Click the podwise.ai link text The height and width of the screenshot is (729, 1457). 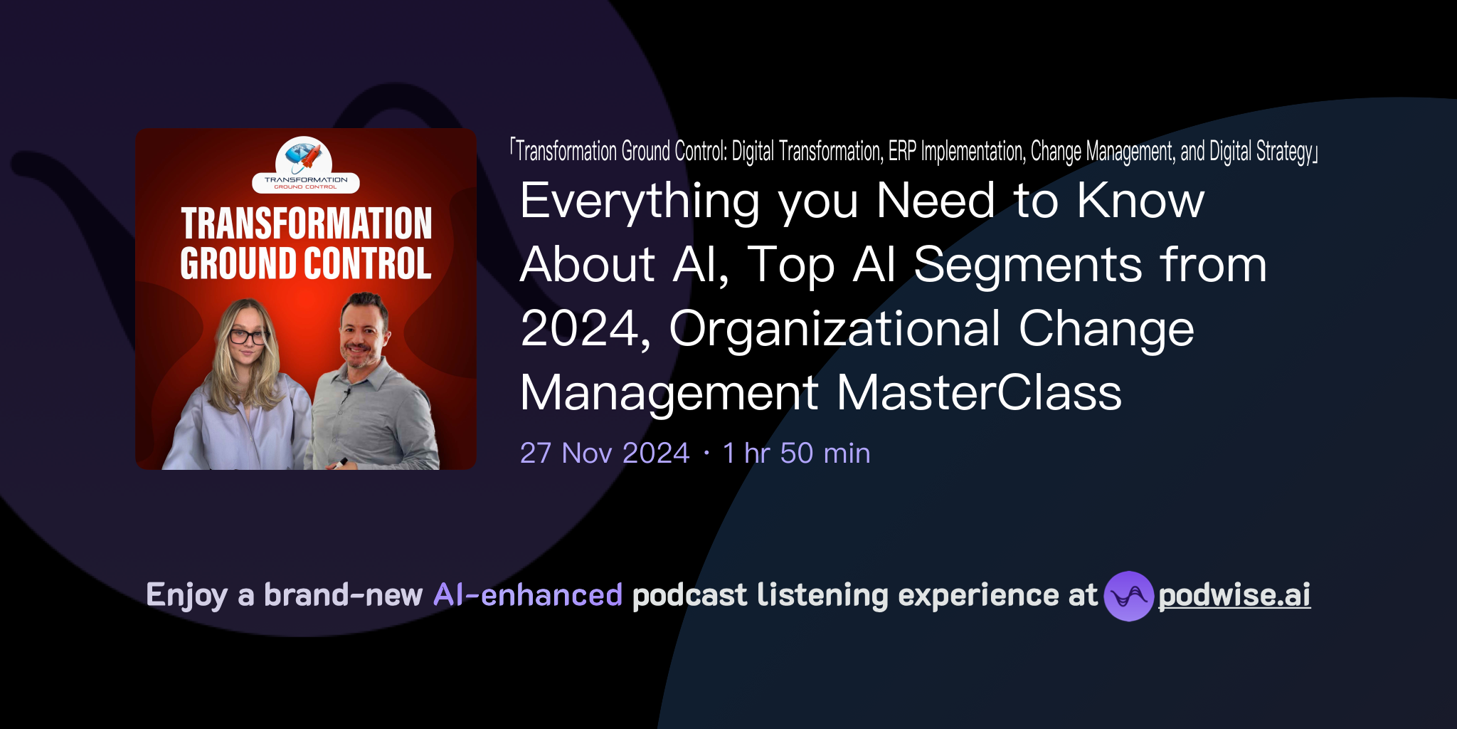(x=1234, y=595)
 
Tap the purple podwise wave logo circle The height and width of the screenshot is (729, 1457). (x=1128, y=596)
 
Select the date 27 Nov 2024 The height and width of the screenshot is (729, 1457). (x=605, y=453)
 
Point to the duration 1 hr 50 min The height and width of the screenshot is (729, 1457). (x=796, y=453)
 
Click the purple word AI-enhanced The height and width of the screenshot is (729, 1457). (x=528, y=595)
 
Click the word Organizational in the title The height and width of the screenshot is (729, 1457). (x=834, y=329)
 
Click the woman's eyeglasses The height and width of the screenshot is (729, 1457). (x=248, y=337)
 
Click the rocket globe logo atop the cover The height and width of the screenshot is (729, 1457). (x=304, y=155)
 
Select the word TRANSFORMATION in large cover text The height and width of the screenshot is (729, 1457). (x=306, y=224)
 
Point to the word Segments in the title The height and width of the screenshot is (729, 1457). (x=1028, y=265)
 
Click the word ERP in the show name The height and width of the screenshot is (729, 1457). (x=902, y=152)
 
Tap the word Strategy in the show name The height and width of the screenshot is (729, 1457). (x=1284, y=152)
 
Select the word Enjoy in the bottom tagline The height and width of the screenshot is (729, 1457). (x=187, y=595)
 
